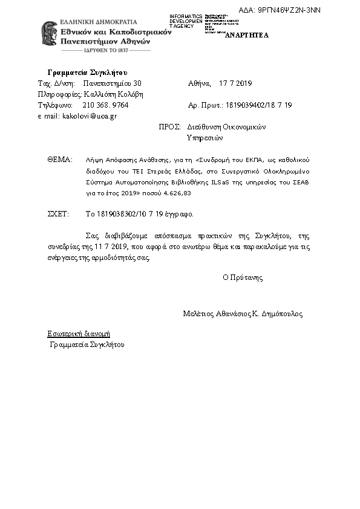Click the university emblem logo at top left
coord(49,35)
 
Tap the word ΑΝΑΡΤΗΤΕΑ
coord(247,35)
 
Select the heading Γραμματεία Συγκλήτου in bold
coord(87,72)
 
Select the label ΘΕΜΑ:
coord(59,160)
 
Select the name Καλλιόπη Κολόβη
coord(114,94)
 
